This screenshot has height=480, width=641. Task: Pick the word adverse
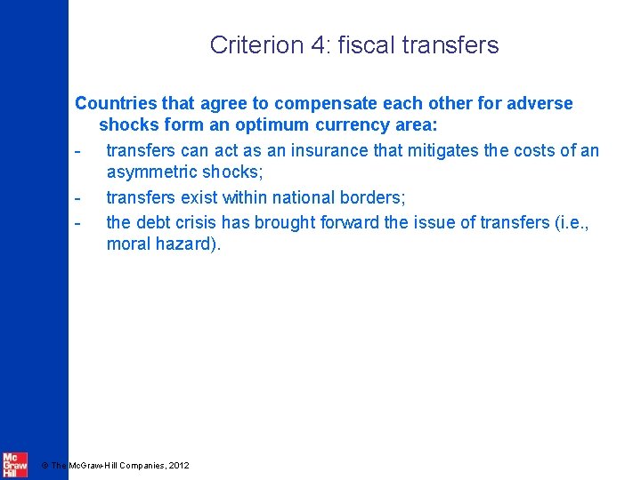coord(539,104)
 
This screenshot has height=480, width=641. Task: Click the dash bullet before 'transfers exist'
coord(78,197)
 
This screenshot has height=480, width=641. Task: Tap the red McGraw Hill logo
coord(15,464)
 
